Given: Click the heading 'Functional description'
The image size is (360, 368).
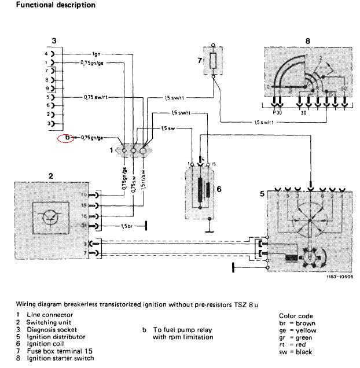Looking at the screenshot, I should coord(47,5).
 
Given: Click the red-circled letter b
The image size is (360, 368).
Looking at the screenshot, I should coord(67,138).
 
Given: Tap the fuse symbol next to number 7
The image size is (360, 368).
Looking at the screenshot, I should coord(214,60).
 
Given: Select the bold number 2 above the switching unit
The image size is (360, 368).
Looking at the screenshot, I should coord(50,175).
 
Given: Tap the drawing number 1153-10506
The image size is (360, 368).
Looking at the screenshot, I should coord(339,276).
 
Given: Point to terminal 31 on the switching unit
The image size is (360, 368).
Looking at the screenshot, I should coord(84,225).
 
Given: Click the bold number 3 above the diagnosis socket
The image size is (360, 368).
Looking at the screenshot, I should coord(53,41).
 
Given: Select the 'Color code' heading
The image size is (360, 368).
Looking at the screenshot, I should coord(295,316).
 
